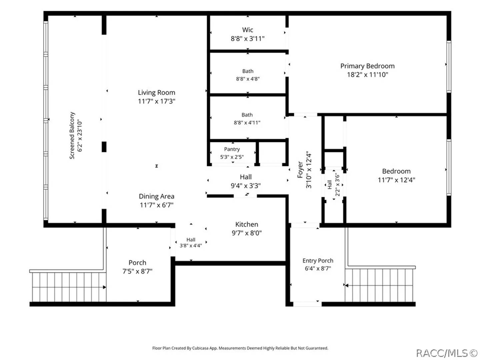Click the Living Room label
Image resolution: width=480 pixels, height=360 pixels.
click(156, 92)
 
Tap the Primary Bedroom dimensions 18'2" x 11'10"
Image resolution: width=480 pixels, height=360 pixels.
click(367, 75)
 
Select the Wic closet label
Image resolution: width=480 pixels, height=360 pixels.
click(248, 30)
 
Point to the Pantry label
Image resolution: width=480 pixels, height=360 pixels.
click(232, 149)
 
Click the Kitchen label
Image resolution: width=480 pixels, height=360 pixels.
click(247, 224)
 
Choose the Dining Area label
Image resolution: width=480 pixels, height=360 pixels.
click(157, 196)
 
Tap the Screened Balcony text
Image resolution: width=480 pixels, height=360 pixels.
click(72, 136)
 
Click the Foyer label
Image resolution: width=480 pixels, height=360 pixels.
click(300, 170)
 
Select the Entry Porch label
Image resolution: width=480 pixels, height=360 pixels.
click(318, 261)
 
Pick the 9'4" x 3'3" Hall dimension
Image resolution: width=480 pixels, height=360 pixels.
click(246, 186)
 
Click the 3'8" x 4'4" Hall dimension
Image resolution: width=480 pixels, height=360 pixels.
click(191, 245)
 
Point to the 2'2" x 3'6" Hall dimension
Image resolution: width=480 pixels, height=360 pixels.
click(337, 185)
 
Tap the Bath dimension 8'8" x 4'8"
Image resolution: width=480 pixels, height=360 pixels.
click(248, 79)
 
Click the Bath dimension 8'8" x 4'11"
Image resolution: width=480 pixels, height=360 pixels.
click(247, 122)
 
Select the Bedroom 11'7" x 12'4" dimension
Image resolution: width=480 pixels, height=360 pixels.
click(396, 180)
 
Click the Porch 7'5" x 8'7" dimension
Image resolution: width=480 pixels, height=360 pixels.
click(137, 271)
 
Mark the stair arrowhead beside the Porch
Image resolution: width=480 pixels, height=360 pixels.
click(105, 287)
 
